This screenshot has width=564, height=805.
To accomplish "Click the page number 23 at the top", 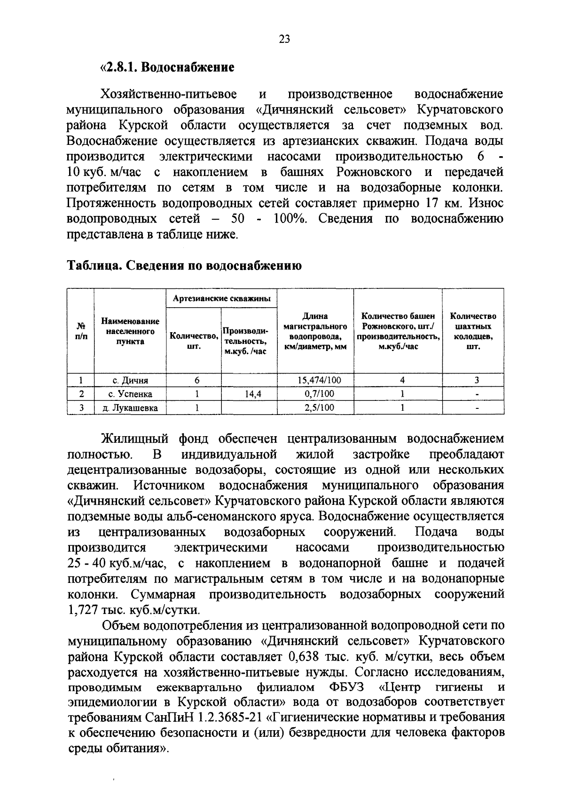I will pos(285,40).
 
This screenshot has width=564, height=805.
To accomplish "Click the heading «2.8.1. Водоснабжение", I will pos(168,68).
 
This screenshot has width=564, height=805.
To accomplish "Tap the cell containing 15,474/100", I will pos(315,380).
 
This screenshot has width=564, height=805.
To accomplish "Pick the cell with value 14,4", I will pos(249,394).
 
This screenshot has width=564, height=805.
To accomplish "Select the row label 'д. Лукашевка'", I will pos(130,408).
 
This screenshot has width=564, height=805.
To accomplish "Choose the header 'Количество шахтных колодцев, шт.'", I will pos(473,331).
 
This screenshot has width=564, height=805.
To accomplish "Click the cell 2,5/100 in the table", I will pos(315,408).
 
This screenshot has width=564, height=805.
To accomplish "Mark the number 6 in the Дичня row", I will pos(197,380).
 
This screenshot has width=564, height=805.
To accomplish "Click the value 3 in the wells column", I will pos(476,380).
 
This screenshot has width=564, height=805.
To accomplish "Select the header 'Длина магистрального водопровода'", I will pos(315,331).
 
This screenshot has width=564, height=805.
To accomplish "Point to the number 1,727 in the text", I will pos(82,610).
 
